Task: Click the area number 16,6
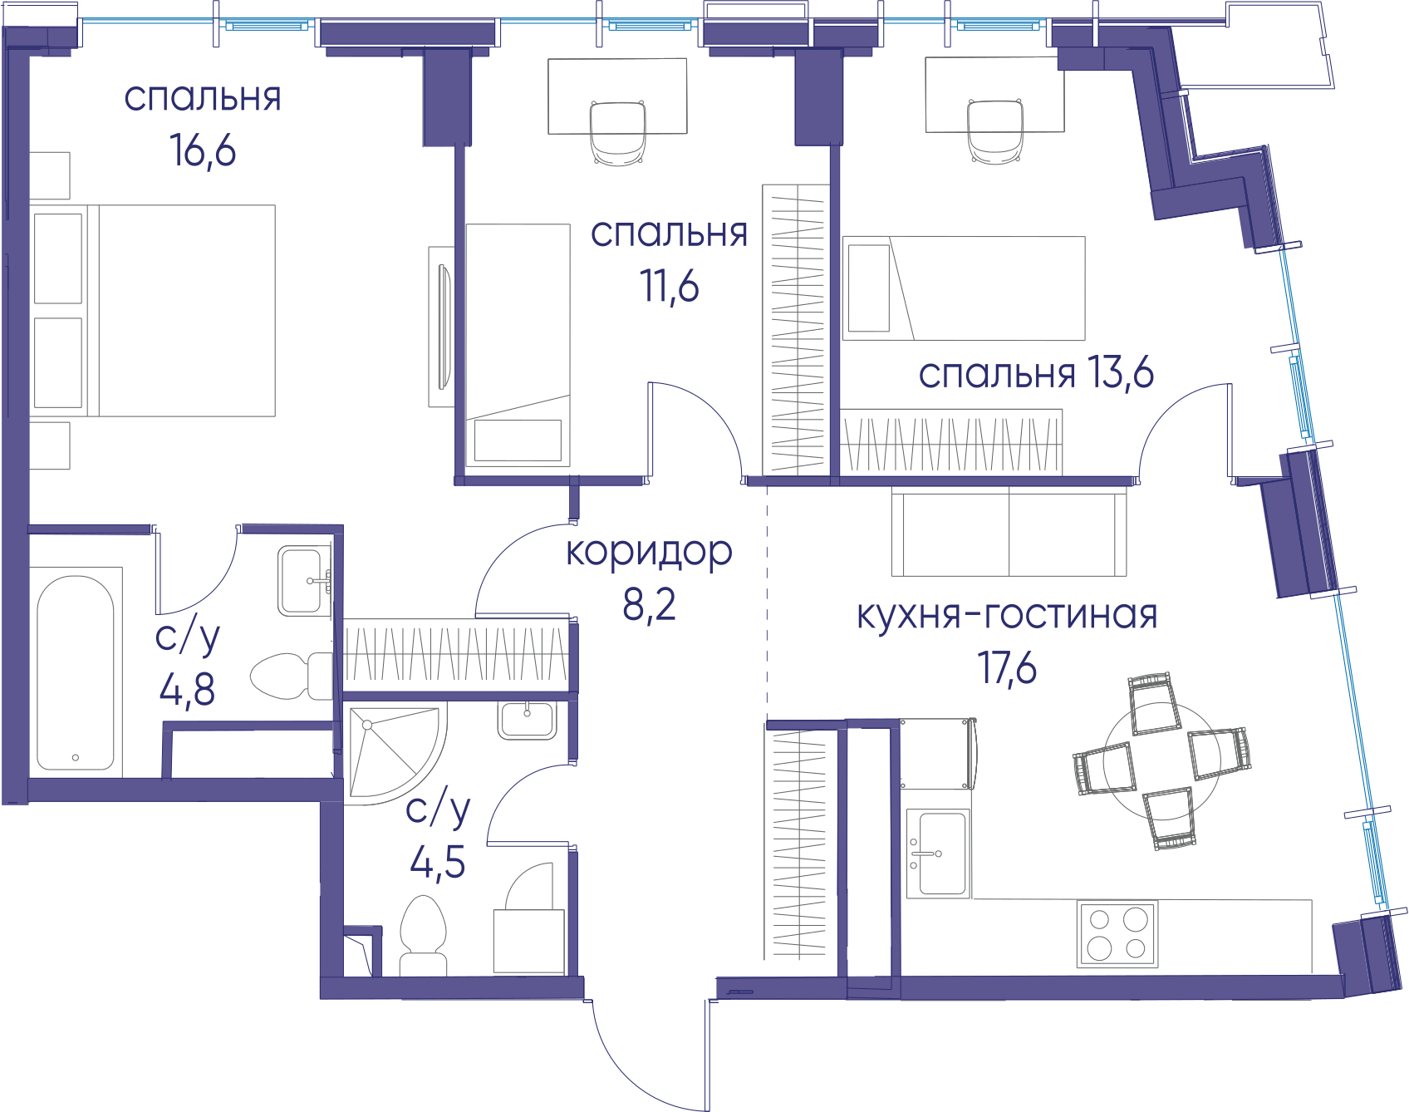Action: point(203,150)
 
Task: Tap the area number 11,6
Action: point(670,287)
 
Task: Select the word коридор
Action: point(649,553)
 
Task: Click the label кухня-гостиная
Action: point(1007,616)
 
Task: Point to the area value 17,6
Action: point(1007,668)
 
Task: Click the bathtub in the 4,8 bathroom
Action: point(76,673)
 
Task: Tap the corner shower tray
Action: point(394,753)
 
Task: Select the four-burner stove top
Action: point(1117,934)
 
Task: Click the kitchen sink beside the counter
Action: point(939,854)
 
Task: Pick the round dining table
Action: point(1162,760)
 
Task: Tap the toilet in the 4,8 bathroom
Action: point(292,676)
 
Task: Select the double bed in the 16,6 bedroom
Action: point(153,311)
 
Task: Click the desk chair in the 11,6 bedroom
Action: point(618,133)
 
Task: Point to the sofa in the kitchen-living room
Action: point(1009,532)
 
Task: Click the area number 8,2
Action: point(649,605)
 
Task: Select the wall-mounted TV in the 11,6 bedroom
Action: point(444,327)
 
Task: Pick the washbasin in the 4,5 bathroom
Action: point(527,720)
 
